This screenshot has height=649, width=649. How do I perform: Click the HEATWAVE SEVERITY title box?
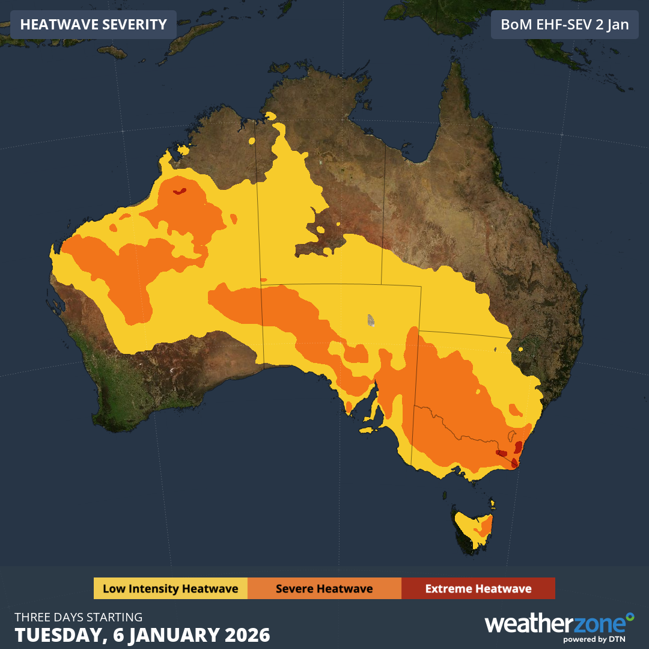(93, 25)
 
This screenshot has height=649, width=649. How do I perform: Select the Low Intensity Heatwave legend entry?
(170, 588)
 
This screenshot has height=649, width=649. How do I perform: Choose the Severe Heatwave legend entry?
(324, 588)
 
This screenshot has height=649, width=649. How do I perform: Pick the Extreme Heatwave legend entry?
(478, 588)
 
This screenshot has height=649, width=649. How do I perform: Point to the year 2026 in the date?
(245, 635)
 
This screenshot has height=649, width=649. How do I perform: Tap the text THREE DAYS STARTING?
(79, 617)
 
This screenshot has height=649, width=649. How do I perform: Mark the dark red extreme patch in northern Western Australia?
(179, 192)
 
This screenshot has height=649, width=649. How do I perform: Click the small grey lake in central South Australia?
(371, 320)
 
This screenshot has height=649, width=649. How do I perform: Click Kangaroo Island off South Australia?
(367, 430)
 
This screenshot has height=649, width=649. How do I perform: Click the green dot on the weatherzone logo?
(630, 616)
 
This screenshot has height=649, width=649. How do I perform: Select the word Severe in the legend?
(296, 588)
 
